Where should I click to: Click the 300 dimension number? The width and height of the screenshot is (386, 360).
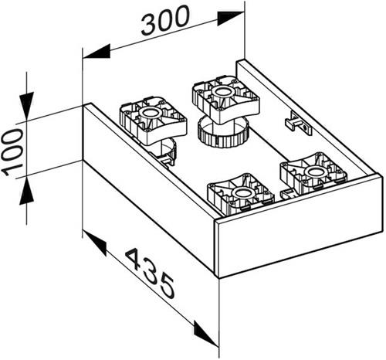click(x=165, y=20)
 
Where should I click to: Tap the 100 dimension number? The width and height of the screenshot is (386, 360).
click(x=12, y=153)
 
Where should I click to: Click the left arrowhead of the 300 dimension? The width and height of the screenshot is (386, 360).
click(x=96, y=52)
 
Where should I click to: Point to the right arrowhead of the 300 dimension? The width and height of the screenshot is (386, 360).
click(x=230, y=18)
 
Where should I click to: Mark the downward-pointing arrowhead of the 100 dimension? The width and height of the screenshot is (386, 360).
click(x=26, y=106)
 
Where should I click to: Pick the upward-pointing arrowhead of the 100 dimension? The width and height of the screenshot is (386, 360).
click(x=26, y=191)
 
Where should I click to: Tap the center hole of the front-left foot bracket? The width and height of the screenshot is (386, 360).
click(x=242, y=193)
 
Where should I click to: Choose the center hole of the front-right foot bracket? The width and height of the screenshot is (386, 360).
click(x=314, y=172)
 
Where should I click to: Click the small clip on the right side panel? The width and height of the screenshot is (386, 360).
click(x=299, y=123)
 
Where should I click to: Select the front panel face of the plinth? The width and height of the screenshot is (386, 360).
click(x=300, y=226)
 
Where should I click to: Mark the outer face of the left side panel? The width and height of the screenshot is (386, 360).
click(x=149, y=188)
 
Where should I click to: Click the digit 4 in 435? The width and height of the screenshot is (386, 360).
click(x=136, y=259)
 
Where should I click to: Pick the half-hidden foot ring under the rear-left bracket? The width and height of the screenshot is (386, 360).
click(x=168, y=152)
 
